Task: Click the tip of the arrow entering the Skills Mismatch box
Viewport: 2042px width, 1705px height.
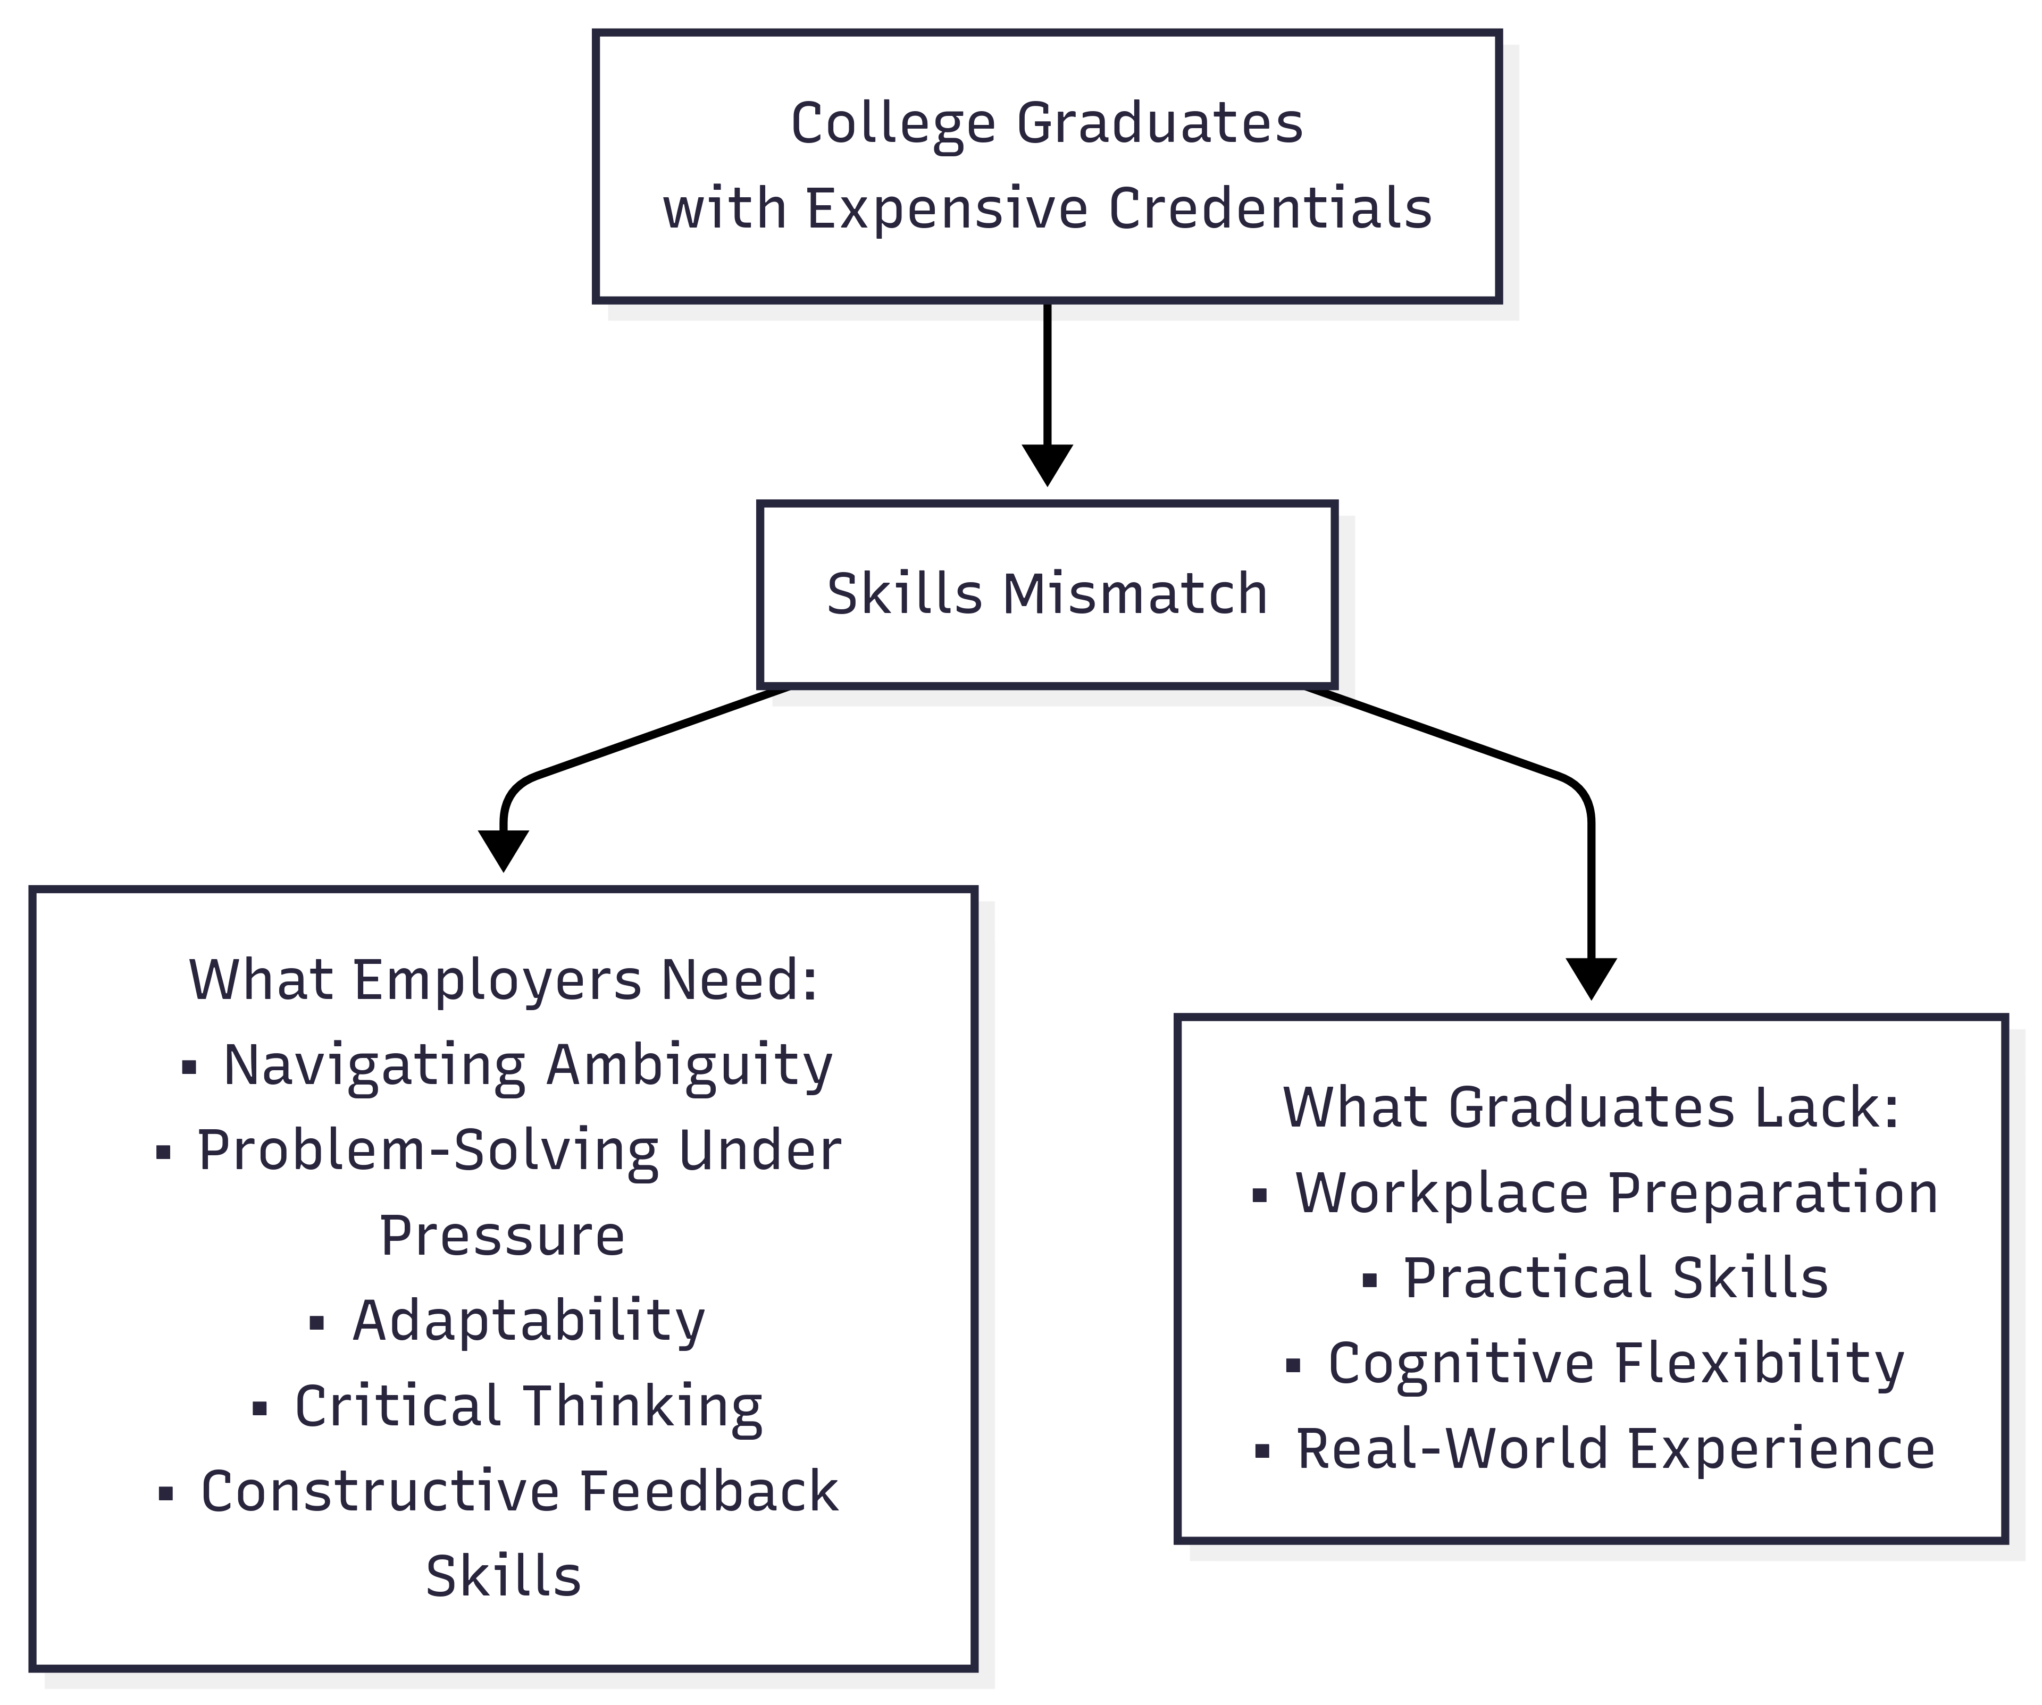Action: (1047, 485)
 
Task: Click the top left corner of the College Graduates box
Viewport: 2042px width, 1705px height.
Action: (595, 32)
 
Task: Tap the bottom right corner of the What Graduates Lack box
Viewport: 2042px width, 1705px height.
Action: (2006, 1541)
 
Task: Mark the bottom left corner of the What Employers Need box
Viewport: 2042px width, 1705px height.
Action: (32, 1668)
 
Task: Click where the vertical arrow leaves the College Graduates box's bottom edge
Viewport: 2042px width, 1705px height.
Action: (1047, 301)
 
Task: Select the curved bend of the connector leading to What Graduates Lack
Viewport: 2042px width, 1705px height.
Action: (1577, 792)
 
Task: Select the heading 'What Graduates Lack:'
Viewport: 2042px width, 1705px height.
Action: (1591, 1108)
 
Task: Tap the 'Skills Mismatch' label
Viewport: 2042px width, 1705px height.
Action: (1047, 594)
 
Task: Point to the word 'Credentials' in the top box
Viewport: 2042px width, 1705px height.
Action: (1270, 209)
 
